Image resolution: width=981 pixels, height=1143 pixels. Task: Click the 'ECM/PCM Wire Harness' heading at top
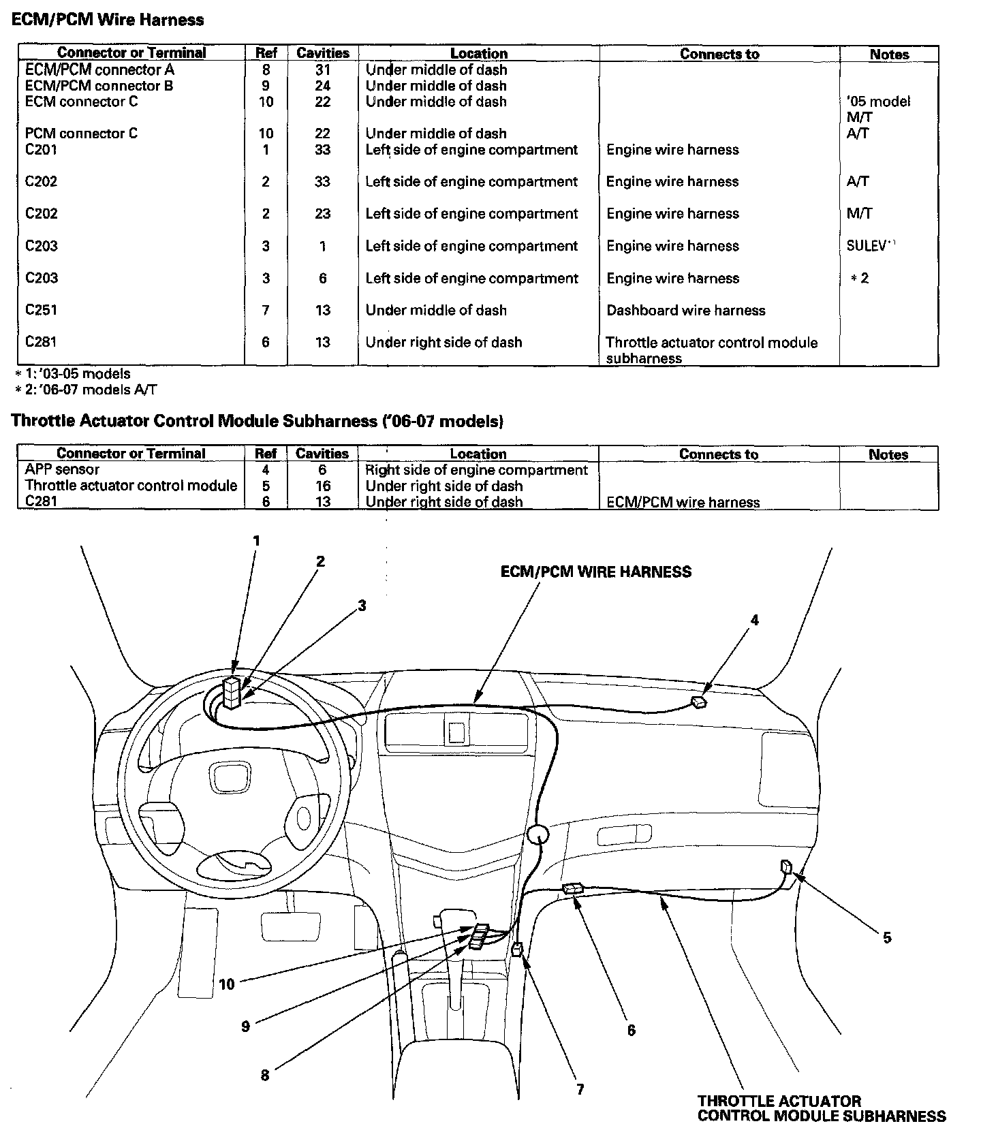(x=108, y=20)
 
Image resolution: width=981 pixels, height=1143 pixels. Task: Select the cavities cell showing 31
(x=322, y=69)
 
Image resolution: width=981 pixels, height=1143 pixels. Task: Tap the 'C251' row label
(x=41, y=310)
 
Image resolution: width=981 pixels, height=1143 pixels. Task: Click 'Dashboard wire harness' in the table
(x=685, y=311)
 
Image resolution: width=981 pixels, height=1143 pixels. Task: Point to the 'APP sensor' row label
(x=62, y=469)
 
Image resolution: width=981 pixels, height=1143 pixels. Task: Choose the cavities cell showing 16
(x=322, y=486)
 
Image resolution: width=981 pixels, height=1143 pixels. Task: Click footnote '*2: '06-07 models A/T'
(x=87, y=390)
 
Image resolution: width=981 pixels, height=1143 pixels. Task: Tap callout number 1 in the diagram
(x=256, y=541)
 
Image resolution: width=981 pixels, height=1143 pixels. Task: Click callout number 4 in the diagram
(x=754, y=620)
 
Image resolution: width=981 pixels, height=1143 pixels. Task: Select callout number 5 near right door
(x=887, y=937)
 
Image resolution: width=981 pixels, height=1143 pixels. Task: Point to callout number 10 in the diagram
(x=226, y=984)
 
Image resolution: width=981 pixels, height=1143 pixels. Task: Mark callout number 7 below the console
(x=580, y=1089)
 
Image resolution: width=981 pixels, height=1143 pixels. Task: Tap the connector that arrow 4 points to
(x=699, y=702)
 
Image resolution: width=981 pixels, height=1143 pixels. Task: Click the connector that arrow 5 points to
(x=787, y=867)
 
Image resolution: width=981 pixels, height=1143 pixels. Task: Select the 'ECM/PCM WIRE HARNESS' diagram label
(x=595, y=572)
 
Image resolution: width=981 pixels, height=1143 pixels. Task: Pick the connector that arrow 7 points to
(x=517, y=949)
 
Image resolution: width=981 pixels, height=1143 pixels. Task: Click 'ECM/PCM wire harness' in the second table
(x=683, y=503)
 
